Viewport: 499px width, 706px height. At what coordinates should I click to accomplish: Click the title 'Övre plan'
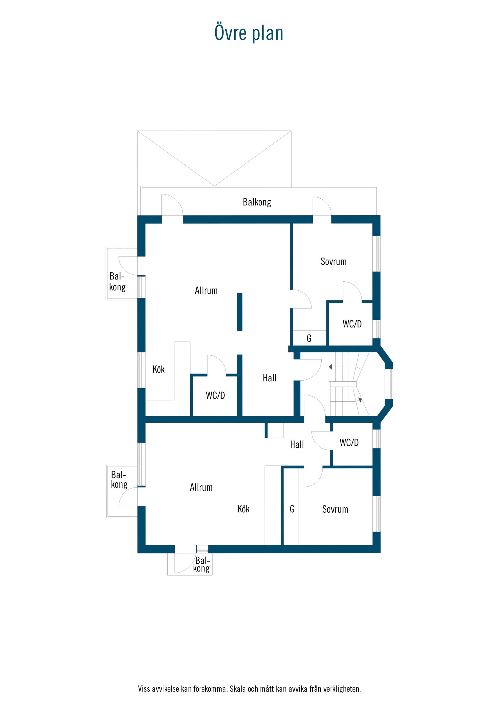249,33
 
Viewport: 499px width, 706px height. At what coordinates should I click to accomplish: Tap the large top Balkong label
257,202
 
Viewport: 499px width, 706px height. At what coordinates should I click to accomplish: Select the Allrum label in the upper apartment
206,290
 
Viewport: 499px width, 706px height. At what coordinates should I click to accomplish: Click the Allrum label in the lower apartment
201,487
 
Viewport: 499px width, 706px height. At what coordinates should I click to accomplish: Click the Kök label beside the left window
159,369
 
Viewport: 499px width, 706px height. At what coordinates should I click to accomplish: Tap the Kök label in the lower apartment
244,509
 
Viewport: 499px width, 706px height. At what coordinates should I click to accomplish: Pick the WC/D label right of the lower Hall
349,442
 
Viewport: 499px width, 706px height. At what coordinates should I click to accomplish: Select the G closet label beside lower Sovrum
292,509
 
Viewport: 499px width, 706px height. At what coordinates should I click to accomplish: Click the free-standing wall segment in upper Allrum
240,312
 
